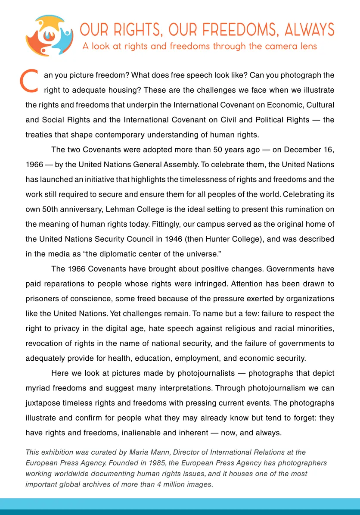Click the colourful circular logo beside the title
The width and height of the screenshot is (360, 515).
[x=49, y=36]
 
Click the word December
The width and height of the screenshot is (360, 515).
[x=295, y=150]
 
